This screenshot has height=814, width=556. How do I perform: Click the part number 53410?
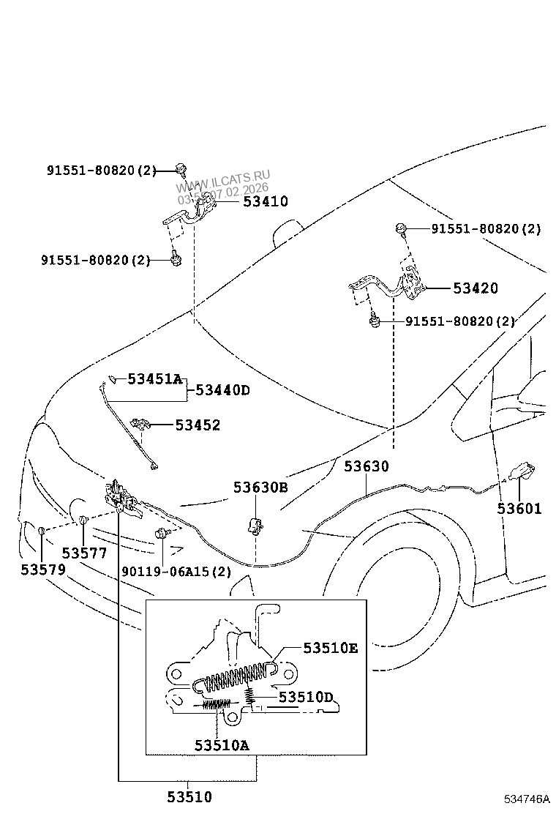[x=255, y=201]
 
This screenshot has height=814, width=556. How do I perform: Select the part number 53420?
[x=475, y=288]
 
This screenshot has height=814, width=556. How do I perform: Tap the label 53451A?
[x=154, y=379]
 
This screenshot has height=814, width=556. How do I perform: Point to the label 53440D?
[x=222, y=390]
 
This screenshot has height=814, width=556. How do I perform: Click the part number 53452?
[x=198, y=425]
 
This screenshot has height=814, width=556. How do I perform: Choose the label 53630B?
[x=260, y=487]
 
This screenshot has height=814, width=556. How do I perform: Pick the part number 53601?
[x=519, y=509]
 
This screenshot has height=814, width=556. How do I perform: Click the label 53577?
[x=84, y=553]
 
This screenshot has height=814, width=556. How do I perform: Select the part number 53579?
[x=43, y=569]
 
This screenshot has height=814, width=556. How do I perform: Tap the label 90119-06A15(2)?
[x=176, y=572]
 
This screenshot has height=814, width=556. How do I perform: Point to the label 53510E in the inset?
[x=331, y=648]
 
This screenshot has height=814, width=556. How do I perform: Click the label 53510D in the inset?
[x=306, y=697]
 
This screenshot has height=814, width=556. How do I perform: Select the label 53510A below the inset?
[x=222, y=745]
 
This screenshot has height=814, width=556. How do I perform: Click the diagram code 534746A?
[x=525, y=799]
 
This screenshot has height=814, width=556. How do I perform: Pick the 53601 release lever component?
[x=522, y=471]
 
